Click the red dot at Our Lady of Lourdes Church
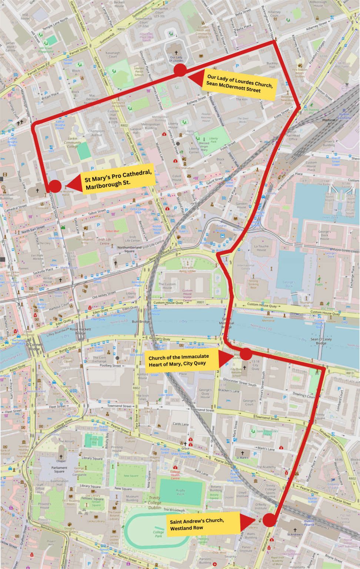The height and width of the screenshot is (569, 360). [180, 70]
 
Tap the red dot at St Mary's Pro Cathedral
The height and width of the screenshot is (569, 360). [55, 186]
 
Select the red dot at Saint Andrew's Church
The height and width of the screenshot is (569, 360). [269, 520]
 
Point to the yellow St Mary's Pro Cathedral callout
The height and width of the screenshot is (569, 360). [118, 179]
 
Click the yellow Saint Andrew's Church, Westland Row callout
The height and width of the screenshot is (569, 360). [203, 524]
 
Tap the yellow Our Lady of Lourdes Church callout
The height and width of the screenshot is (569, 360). [240, 84]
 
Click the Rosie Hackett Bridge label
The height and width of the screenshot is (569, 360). [80, 331]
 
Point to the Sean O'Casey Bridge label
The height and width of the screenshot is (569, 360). [321, 341]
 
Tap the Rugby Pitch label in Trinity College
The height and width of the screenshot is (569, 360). [180, 492]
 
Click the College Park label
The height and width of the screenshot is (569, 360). [159, 534]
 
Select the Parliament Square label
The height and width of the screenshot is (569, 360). [59, 469]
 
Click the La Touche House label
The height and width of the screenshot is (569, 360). [261, 248]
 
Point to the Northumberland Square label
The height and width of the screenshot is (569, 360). [129, 249]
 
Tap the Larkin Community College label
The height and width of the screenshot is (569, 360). [73, 143]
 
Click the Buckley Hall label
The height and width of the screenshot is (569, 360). [272, 65]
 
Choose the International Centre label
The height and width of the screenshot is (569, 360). [246, 267]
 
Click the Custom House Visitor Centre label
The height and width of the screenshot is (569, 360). [187, 295]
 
